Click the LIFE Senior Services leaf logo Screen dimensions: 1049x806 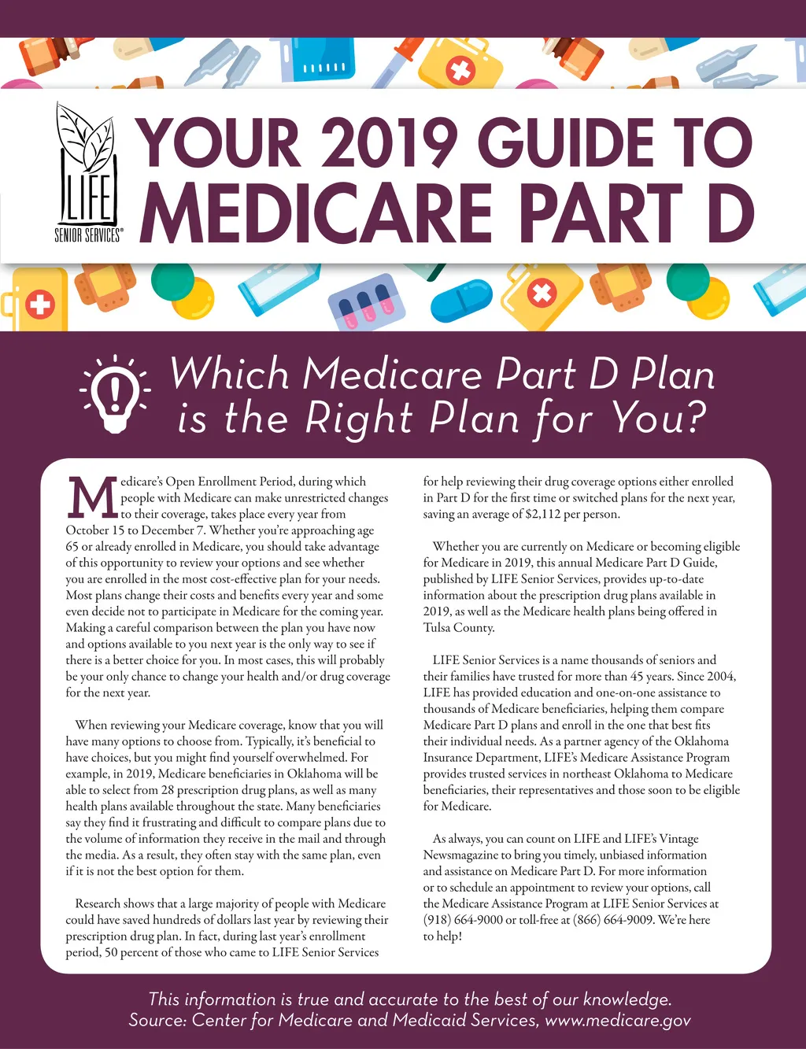[87, 173]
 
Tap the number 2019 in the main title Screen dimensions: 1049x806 [389, 143]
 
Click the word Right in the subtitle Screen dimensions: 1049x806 [359, 418]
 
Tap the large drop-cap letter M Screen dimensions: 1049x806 [92, 498]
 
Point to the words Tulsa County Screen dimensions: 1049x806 [459, 628]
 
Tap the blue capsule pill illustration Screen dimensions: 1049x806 [461, 304]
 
